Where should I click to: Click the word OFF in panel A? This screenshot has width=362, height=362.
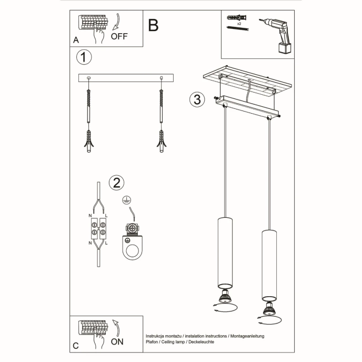[119, 36]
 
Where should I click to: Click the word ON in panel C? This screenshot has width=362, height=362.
[118, 341]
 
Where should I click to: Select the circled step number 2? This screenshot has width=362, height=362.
[116, 183]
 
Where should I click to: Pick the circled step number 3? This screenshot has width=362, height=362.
[197, 99]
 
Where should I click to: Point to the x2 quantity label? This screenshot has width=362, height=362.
[239, 24]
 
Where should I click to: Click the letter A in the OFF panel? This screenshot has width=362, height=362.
[76, 40]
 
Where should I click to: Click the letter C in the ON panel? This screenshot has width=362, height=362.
[76, 346]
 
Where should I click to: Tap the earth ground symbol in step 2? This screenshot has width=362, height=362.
[126, 200]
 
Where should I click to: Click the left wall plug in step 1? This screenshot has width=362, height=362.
[88, 140]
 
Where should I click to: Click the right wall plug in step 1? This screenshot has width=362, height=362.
[161, 140]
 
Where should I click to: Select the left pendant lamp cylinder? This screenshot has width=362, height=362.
[225, 250]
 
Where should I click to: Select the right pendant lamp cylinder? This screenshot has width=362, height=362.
[269, 263]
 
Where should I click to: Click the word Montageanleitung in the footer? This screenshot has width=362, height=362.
[247, 335]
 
